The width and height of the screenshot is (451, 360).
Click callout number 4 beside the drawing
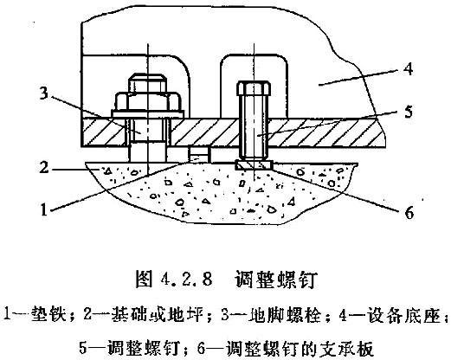coord(408,69)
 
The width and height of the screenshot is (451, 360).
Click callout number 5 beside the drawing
coord(408,112)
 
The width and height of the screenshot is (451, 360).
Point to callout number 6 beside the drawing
coord(409,213)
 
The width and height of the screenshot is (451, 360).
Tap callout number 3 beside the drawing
coord(43,93)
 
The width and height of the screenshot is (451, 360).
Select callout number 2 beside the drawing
coord(43,166)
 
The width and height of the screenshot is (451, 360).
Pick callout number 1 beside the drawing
coord(43,209)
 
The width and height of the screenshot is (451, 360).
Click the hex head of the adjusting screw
coord(254,88)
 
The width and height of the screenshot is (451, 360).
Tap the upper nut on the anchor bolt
coord(147,83)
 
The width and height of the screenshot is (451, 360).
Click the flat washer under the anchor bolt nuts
coord(148,114)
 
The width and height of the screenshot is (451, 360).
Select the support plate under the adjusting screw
coord(254,165)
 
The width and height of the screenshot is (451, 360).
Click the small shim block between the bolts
coord(199,154)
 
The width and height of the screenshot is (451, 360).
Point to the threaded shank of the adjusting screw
coord(254,128)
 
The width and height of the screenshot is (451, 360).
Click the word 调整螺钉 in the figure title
coord(277,279)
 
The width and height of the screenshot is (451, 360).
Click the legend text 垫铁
coord(47,314)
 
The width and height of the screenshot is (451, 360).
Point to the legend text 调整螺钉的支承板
coord(300,348)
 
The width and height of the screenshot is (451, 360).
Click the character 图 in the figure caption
coord(144,279)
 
